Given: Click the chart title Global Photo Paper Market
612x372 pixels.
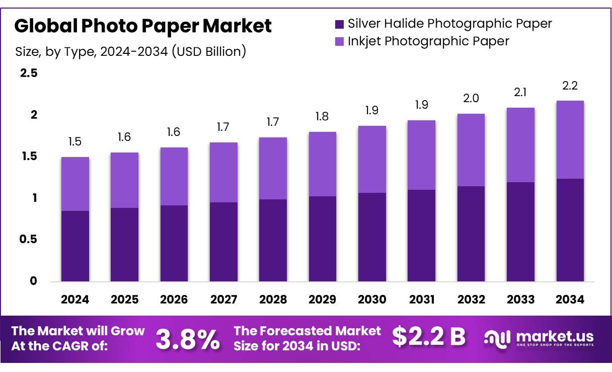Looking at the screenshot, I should [x=143, y=26].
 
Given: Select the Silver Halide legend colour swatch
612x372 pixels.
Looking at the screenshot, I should [x=339, y=24].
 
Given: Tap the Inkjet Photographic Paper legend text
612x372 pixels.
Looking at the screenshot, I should [x=428, y=41].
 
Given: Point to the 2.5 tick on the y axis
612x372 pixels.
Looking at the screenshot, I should [x=28, y=73].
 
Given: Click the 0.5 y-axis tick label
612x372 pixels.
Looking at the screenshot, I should [x=28, y=240].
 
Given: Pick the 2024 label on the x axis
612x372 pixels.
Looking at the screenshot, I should [x=75, y=300].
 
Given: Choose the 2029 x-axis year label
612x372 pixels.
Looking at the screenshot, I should [x=323, y=300].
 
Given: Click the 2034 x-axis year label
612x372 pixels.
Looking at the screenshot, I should [x=570, y=300].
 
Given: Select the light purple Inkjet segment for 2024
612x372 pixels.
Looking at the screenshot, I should [x=75, y=184].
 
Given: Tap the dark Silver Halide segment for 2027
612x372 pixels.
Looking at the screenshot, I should [x=223, y=242].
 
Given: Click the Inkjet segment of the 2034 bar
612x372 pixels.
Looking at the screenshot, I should [x=570, y=139].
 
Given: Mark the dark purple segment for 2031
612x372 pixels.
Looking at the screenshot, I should [x=422, y=236].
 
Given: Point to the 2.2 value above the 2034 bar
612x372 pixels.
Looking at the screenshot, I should [x=570, y=86].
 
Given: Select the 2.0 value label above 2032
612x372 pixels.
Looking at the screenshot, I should [x=471, y=99].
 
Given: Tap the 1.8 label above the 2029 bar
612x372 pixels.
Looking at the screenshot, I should [x=323, y=117].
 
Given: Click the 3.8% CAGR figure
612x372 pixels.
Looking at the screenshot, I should [x=187, y=339].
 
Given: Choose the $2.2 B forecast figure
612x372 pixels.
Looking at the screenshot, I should [x=429, y=337].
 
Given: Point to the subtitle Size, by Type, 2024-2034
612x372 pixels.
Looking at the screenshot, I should [x=130, y=51].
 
